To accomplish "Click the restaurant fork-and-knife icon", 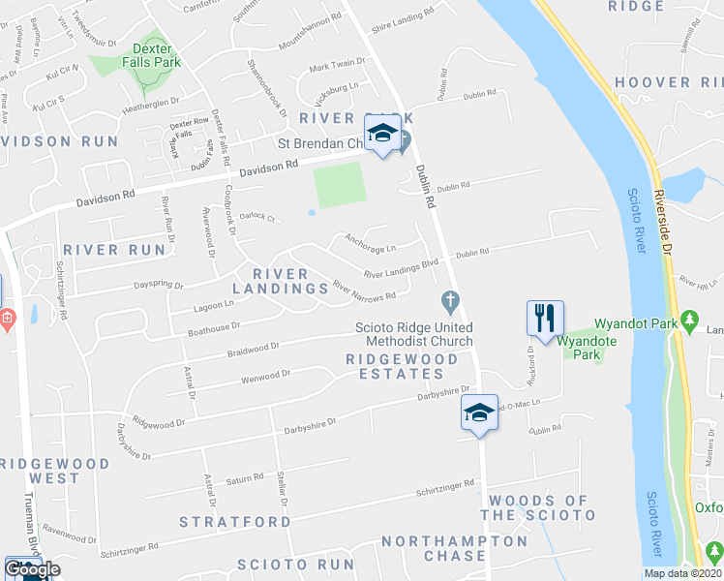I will click(545, 318).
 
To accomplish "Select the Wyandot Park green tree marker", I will click(689, 319).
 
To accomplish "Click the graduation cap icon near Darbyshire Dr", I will click(477, 413).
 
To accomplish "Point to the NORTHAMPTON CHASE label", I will click(447, 548).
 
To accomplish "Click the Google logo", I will click(33, 570).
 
